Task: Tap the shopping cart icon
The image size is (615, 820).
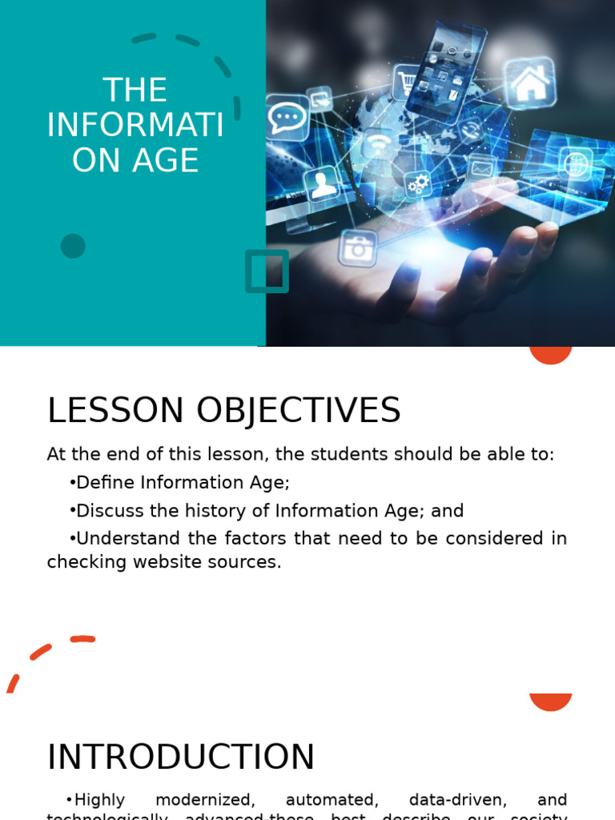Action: (x=408, y=82)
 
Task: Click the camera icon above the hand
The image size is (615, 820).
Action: (x=357, y=248)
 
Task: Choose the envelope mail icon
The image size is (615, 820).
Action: (x=480, y=169)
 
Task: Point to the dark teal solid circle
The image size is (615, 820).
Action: (x=73, y=246)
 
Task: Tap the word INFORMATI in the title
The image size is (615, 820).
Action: (x=135, y=125)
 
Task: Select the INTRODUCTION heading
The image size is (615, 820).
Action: (x=181, y=758)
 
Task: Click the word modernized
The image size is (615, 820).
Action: (x=205, y=799)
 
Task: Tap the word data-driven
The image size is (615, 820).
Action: (x=458, y=799)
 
